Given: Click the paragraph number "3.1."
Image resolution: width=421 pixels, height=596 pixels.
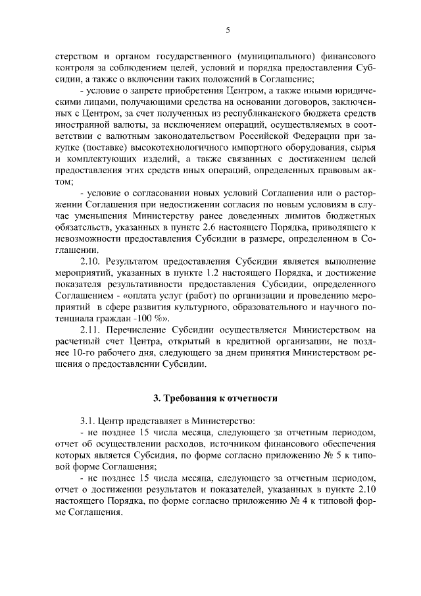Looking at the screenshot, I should pos(89,420).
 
